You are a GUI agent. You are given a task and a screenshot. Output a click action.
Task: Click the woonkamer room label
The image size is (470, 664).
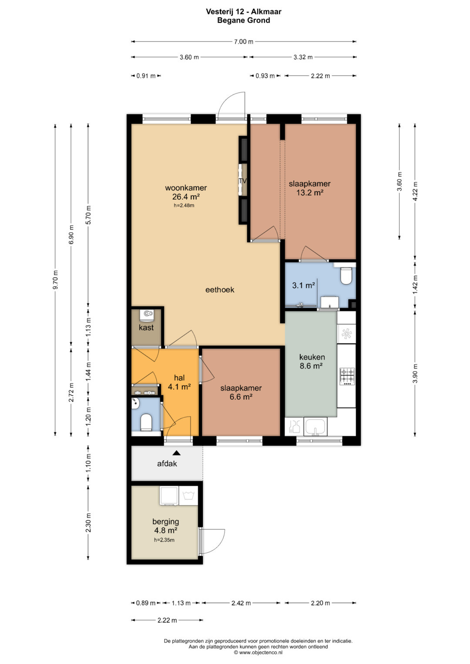[186, 188]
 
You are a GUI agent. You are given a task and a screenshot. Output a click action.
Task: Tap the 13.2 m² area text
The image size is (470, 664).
[309, 192]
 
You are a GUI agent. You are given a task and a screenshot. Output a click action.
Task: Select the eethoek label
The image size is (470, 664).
[220, 290]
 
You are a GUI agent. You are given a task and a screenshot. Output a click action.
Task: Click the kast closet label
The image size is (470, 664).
[146, 327]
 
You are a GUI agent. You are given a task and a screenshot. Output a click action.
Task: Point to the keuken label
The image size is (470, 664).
[312, 357]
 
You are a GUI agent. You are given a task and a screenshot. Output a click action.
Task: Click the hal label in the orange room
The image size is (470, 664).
[179, 377]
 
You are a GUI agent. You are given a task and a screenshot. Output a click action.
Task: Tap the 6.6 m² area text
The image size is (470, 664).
[241, 397]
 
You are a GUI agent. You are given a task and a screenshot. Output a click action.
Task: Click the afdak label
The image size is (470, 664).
[167, 463]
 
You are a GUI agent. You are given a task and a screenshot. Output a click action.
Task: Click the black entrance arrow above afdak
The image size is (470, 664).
[177, 453]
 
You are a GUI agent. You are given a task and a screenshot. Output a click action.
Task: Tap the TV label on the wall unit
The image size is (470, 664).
[243, 180]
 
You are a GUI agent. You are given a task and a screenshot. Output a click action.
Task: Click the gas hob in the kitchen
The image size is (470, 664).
[347, 376]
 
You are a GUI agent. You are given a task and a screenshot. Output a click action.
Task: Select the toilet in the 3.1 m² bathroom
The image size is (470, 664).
[346, 276]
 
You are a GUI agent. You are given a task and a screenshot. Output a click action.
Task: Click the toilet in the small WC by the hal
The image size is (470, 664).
[146, 422]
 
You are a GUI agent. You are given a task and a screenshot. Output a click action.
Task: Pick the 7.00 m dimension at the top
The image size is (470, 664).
[244, 41]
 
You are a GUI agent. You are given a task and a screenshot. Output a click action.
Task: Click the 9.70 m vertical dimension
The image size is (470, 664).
[55, 280]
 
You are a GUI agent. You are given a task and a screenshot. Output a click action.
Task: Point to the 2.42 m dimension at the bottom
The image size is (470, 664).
[241, 603]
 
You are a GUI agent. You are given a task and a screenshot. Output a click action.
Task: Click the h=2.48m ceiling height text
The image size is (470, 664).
[184, 205]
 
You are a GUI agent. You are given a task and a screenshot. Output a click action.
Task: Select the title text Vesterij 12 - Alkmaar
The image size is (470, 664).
[244, 12]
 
